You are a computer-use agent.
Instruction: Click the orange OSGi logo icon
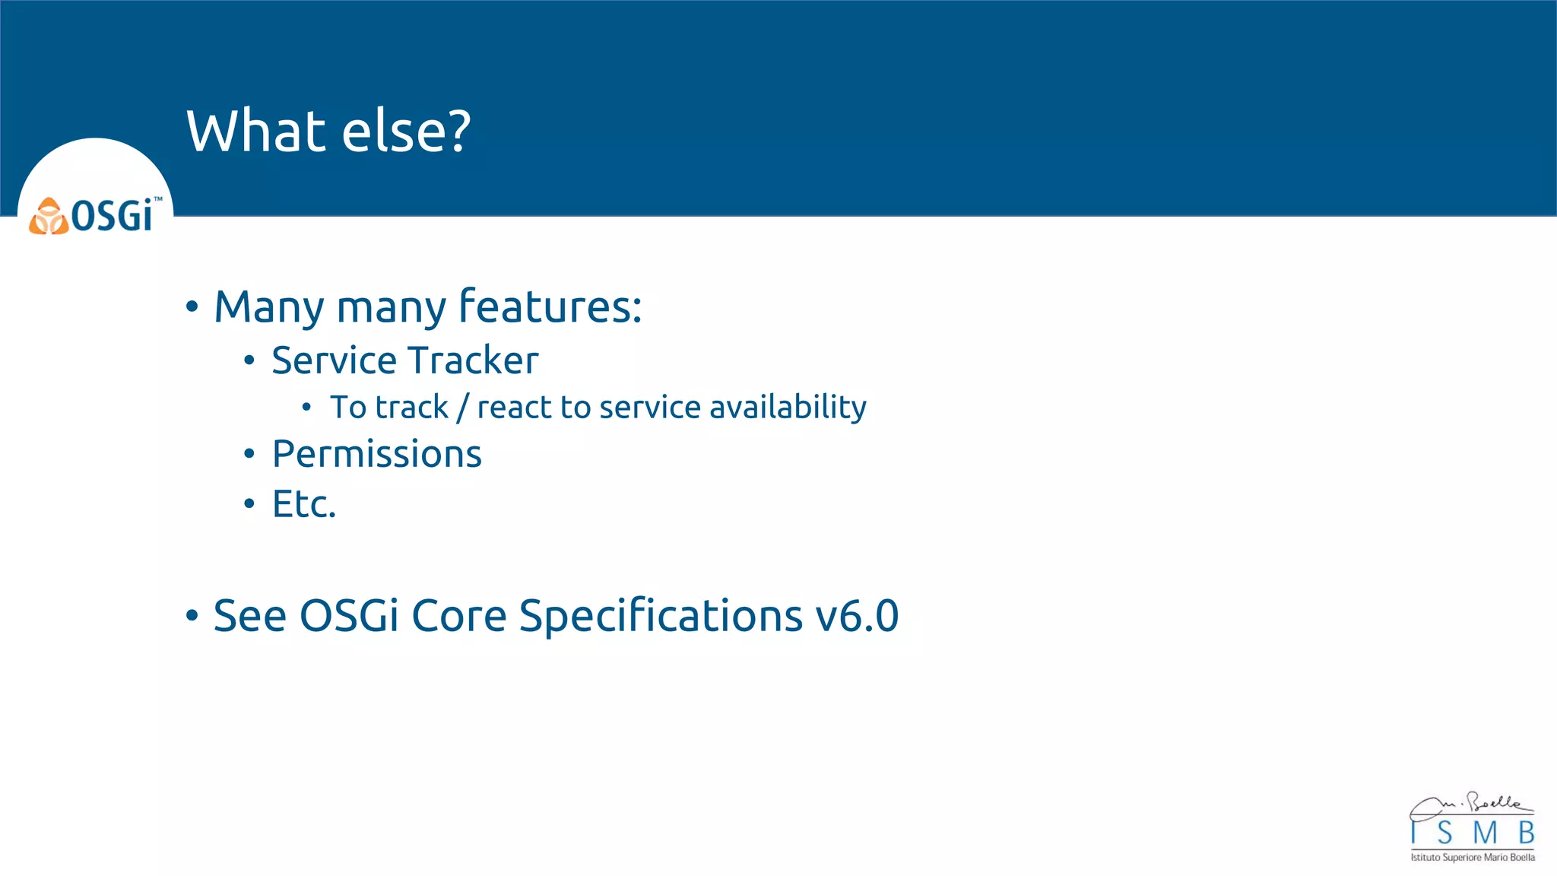tap(49, 217)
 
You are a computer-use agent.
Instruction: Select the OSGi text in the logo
tap(113, 216)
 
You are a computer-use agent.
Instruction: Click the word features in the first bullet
tap(550, 306)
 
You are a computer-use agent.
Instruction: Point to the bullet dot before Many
tap(192, 307)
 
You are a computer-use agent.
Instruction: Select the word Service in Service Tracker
tap(334, 360)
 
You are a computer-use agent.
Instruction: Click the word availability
tap(788, 408)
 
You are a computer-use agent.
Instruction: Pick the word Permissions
tap(377, 454)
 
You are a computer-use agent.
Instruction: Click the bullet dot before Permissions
tap(249, 455)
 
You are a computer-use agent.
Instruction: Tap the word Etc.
tap(303, 504)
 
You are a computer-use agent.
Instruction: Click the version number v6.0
tap(857, 616)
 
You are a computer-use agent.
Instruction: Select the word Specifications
tap(660, 616)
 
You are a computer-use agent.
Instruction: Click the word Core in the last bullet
tap(458, 616)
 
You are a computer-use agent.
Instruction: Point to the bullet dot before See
tap(192, 616)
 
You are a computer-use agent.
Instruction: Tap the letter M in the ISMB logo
tap(1484, 834)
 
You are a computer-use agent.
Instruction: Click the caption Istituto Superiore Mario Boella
tap(1473, 858)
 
